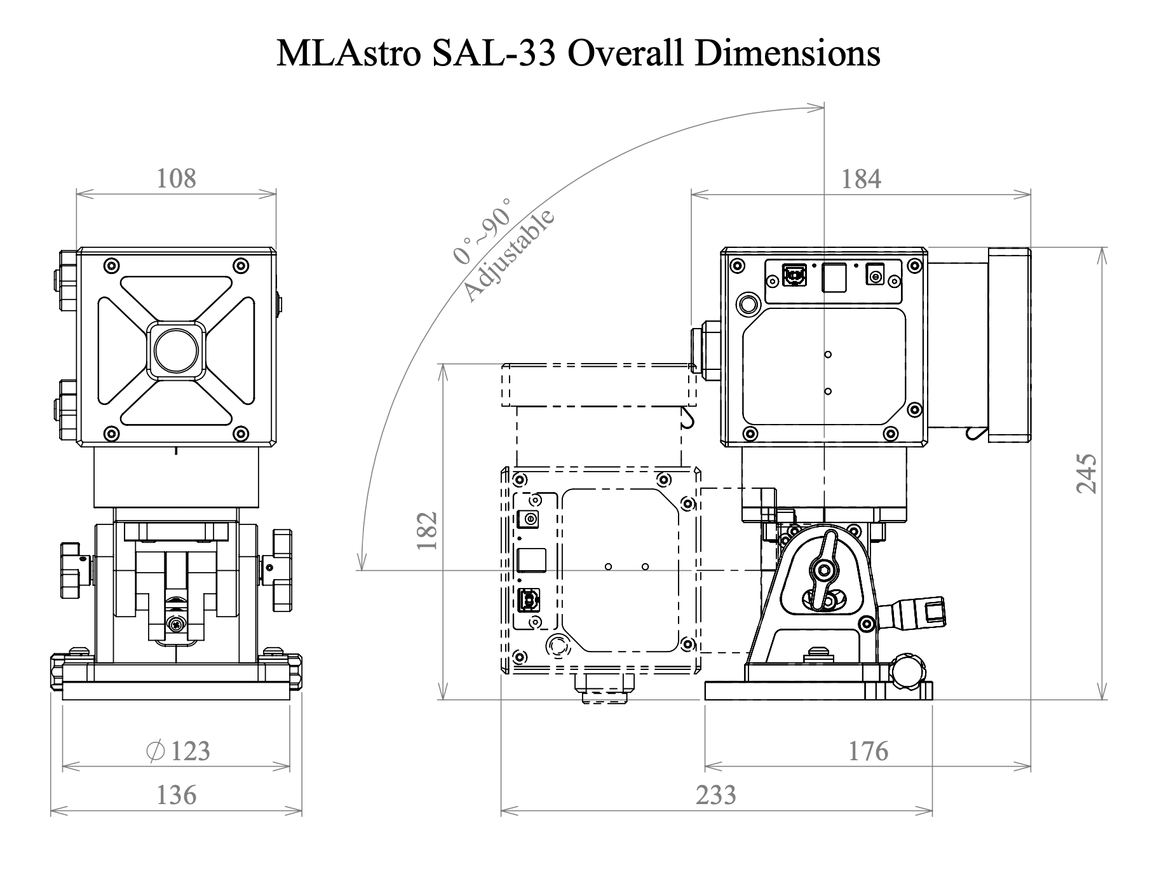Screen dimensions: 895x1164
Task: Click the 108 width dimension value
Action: coord(176,179)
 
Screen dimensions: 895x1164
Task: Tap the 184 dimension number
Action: coord(861,179)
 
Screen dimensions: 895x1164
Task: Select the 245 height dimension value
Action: coord(1086,473)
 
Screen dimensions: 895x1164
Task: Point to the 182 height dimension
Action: coord(427,531)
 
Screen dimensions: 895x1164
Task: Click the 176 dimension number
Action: coord(868,751)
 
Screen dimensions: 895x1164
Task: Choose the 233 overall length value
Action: coord(716,795)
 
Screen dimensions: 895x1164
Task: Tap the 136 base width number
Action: coord(176,795)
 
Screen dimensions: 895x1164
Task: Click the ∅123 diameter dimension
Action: coord(178,751)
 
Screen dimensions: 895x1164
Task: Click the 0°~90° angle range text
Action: coord(483,231)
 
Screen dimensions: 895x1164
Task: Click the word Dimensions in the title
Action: coord(787,53)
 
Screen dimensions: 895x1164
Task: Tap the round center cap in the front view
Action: coord(176,350)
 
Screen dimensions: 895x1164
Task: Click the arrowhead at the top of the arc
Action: coord(819,109)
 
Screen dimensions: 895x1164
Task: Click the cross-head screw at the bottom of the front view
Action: coord(176,625)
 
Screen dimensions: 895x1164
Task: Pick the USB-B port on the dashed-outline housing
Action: coord(529,599)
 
